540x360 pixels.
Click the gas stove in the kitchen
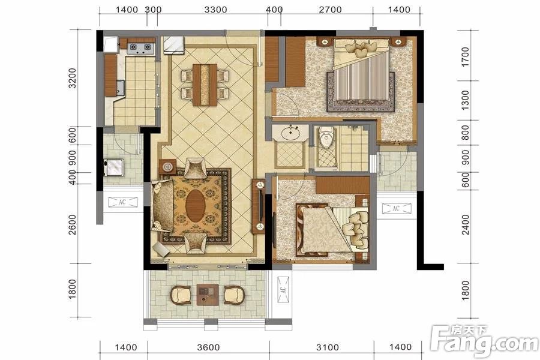140,49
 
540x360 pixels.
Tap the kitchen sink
120,87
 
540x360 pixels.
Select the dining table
205,85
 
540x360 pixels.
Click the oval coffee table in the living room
196,206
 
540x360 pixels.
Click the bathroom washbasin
291,133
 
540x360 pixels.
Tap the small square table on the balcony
208,295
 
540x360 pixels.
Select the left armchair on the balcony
181,295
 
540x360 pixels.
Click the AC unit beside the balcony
283,290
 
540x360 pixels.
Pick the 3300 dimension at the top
215,10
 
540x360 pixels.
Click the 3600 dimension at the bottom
208,347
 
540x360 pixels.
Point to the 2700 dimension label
330,10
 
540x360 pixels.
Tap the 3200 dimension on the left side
72,78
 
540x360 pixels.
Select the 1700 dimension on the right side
465,57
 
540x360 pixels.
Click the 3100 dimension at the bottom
328,347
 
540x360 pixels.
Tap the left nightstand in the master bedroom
323,42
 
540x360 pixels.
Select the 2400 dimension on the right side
465,224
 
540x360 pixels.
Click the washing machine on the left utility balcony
114,167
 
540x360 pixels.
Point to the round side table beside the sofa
168,167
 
